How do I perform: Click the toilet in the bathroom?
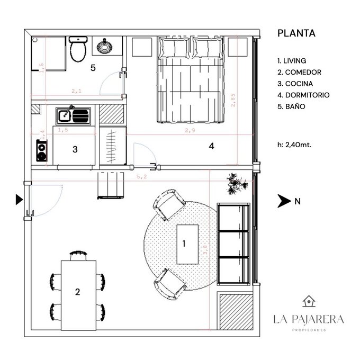tap(78, 49)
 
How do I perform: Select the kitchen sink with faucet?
tap(73, 115)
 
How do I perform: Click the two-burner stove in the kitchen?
tap(42, 150)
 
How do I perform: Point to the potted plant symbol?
tap(237, 184)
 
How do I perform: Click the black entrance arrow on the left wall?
tap(19, 199)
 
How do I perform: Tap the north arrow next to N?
tap(284, 201)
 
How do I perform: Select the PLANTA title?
tap(296, 33)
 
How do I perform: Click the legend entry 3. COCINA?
tap(295, 84)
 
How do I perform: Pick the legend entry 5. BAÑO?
tap(291, 106)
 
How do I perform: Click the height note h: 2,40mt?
tap(294, 145)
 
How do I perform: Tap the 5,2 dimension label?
tap(142, 176)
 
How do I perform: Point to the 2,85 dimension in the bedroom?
tap(233, 100)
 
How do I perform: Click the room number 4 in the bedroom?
tap(211, 146)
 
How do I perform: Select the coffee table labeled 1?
tap(187, 244)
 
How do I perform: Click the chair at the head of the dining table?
tap(78, 256)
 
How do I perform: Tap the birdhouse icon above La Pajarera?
tap(309, 301)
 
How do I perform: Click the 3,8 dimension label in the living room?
tap(205, 250)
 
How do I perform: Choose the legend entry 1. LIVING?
tap(292, 61)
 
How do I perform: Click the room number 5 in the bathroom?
tap(93, 68)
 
